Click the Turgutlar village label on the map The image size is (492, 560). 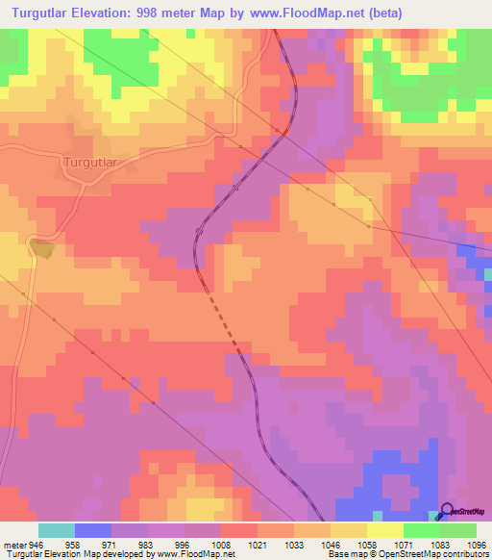pyautogui.click(x=89, y=162)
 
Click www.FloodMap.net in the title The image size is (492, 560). pyautogui.click(x=305, y=13)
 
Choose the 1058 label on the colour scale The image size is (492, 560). pyautogui.click(x=367, y=544)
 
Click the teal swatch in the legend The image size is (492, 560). pyautogui.click(x=57, y=530)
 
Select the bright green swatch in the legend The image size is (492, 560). pyautogui.click(x=421, y=530)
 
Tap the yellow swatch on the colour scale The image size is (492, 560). pyautogui.click(x=384, y=530)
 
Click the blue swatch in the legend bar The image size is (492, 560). pyautogui.click(x=93, y=530)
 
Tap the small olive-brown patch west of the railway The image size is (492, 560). pyautogui.click(x=42, y=248)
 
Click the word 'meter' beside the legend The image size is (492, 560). pyautogui.click(x=15, y=544)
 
